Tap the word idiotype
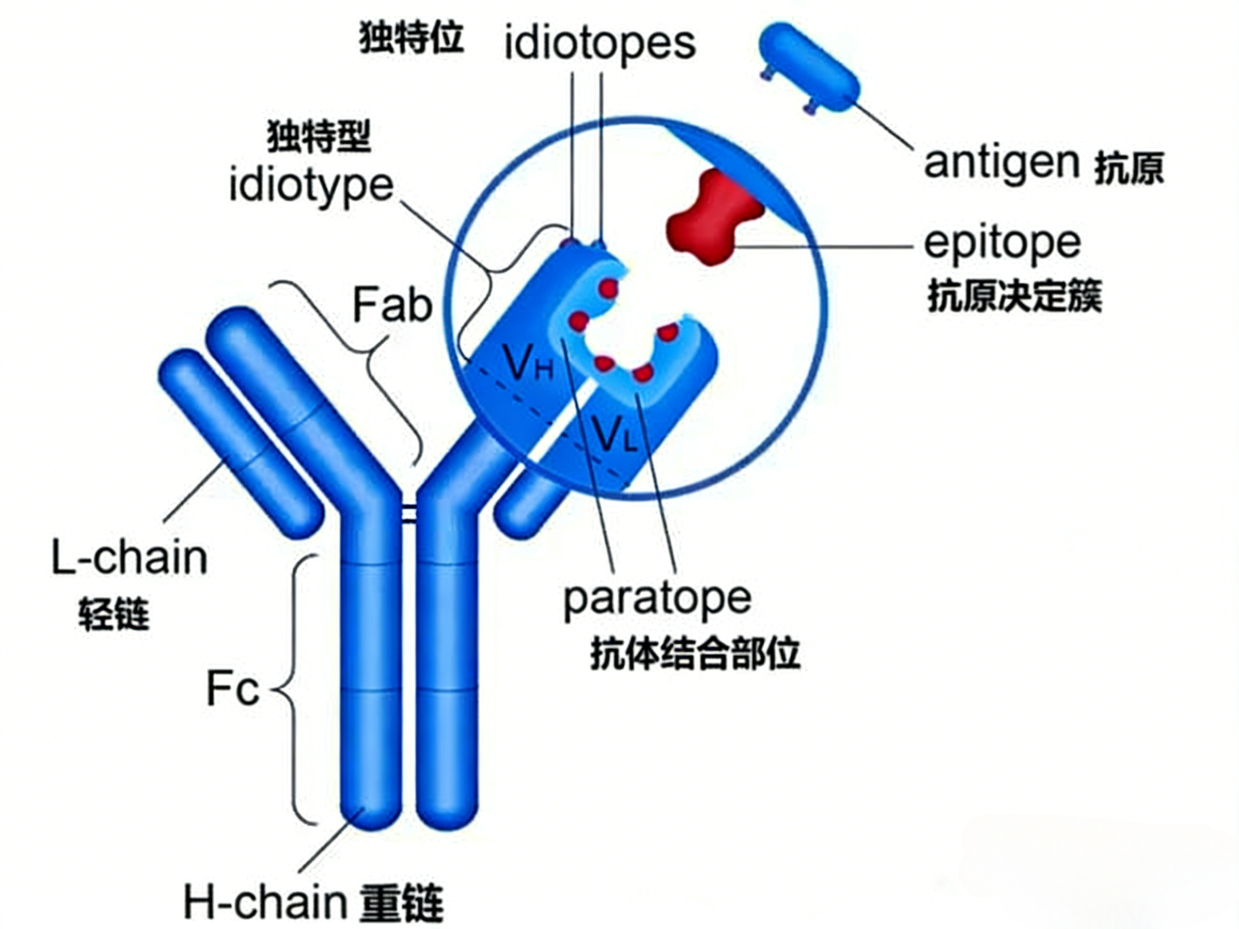pyautogui.click(x=311, y=188)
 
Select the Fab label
pyautogui.click(x=393, y=305)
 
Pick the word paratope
pyautogui.click(x=657, y=600)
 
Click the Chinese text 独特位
pyautogui.click(x=411, y=38)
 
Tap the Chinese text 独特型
pyautogui.click(x=319, y=137)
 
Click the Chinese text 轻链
pyautogui.click(x=114, y=614)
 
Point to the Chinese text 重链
pyautogui.click(x=401, y=903)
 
